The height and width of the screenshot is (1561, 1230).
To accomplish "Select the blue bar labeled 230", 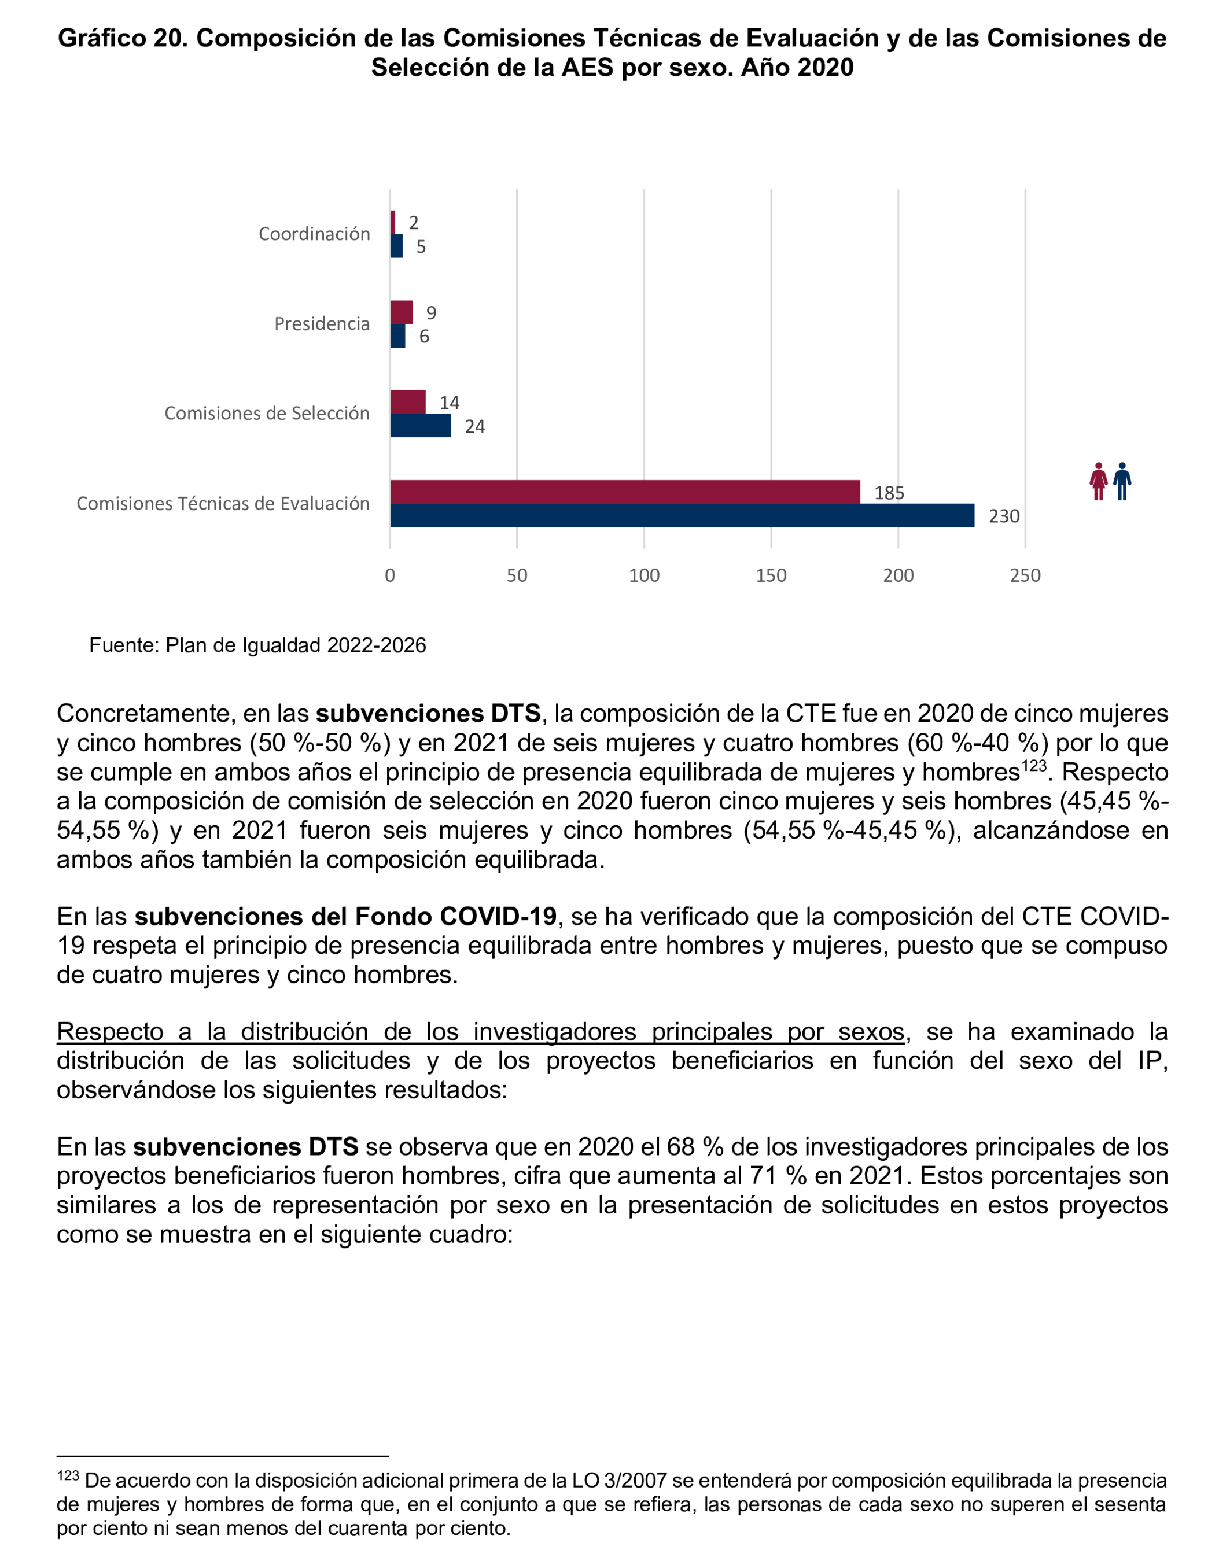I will [682, 515].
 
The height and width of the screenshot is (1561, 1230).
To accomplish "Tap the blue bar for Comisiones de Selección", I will [420, 426].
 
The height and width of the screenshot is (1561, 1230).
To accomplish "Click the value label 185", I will [889, 493].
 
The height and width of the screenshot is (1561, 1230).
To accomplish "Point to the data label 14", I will [450, 403].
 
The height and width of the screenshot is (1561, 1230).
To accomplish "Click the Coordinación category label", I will [314, 234].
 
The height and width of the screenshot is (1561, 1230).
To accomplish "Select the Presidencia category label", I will [322, 324].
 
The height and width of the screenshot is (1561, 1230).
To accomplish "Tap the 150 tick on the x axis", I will [771, 575].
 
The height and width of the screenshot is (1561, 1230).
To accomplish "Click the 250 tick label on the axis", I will [1025, 575].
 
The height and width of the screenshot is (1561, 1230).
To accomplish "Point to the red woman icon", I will [1098, 481].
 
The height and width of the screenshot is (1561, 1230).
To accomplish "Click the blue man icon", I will [1122, 481].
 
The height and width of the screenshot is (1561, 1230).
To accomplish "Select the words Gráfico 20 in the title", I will [123, 38].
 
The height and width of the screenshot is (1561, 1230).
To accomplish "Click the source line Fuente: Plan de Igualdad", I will [257, 645].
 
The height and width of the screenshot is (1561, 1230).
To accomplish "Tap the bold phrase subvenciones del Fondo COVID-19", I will [345, 917].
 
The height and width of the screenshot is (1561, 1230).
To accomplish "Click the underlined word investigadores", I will [554, 1032].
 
